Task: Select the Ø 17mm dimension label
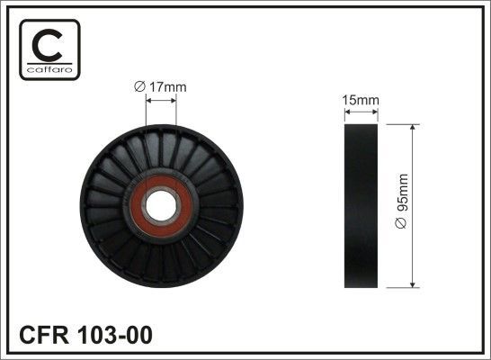[160, 86]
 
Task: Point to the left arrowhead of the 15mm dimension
[347, 114]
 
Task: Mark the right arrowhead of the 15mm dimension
[374, 114]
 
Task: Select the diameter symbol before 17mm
[138, 86]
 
